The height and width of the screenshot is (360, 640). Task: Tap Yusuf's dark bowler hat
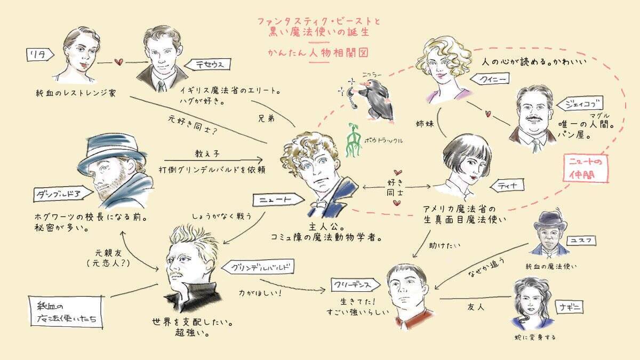coord(548,219)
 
